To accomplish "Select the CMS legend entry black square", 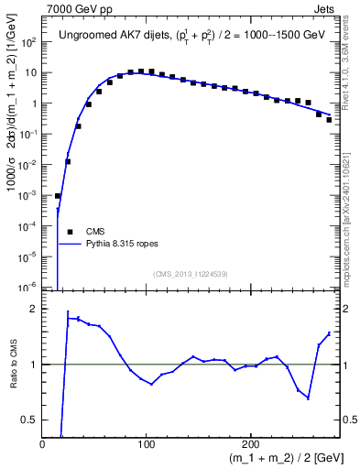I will pyautogui.click(x=70, y=232).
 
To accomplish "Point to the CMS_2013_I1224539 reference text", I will pyautogui.click(x=191, y=274).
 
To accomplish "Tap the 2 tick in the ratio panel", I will pyautogui.click(x=35, y=309).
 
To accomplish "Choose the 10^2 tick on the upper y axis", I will pyautogui.click(x=29, y=42).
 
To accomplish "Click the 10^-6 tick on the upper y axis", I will pyautogui.click(x=29, y=287).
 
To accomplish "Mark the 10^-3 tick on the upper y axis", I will pyautogui.click(x=29, y=195).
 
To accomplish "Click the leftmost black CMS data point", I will pyautogui.click(x=57, y=196).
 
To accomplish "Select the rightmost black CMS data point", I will pyautogui.click(x=329, y=120).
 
